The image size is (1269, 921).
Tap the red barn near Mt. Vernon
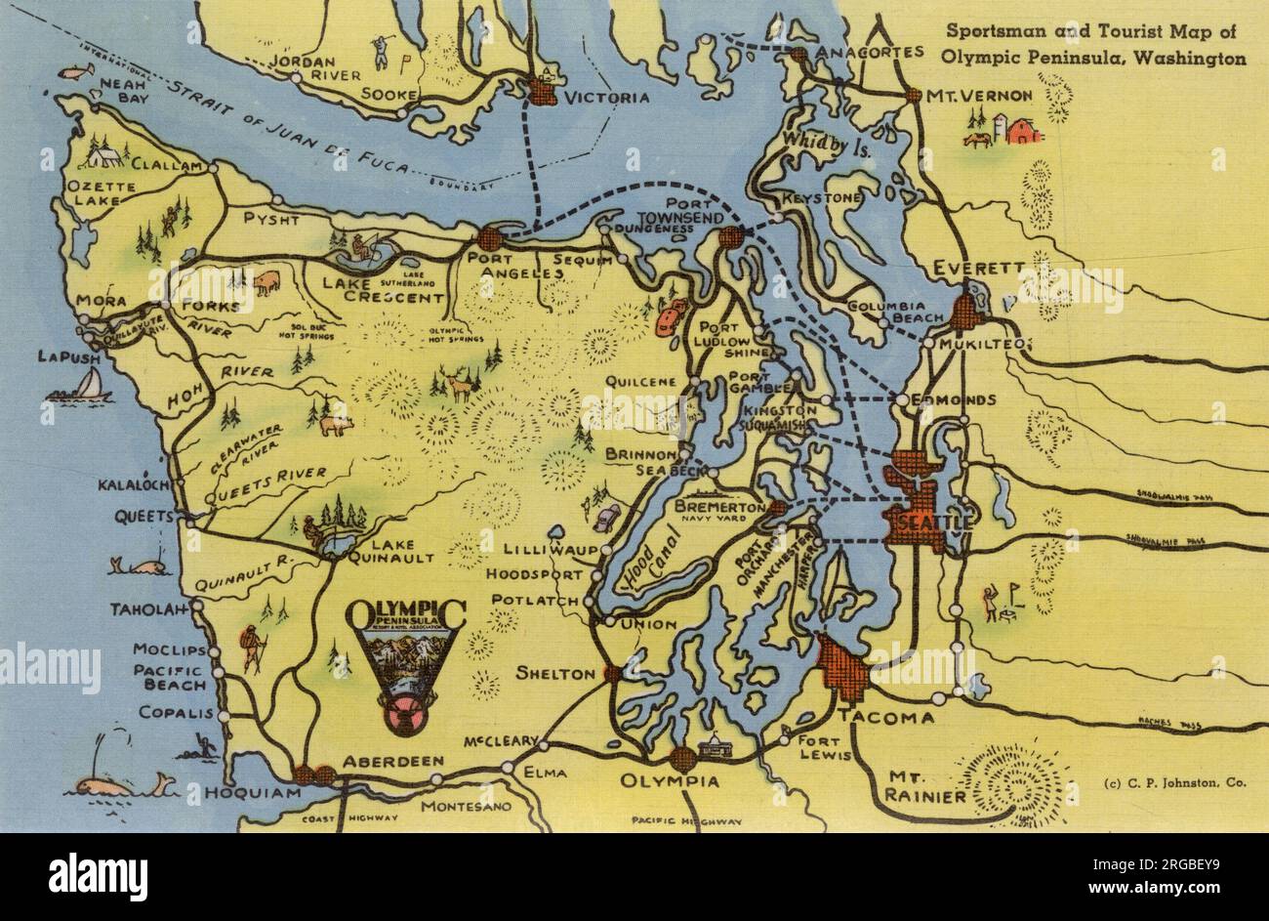1023,130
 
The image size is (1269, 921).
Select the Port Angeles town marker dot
489,238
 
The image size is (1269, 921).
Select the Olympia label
671,782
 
